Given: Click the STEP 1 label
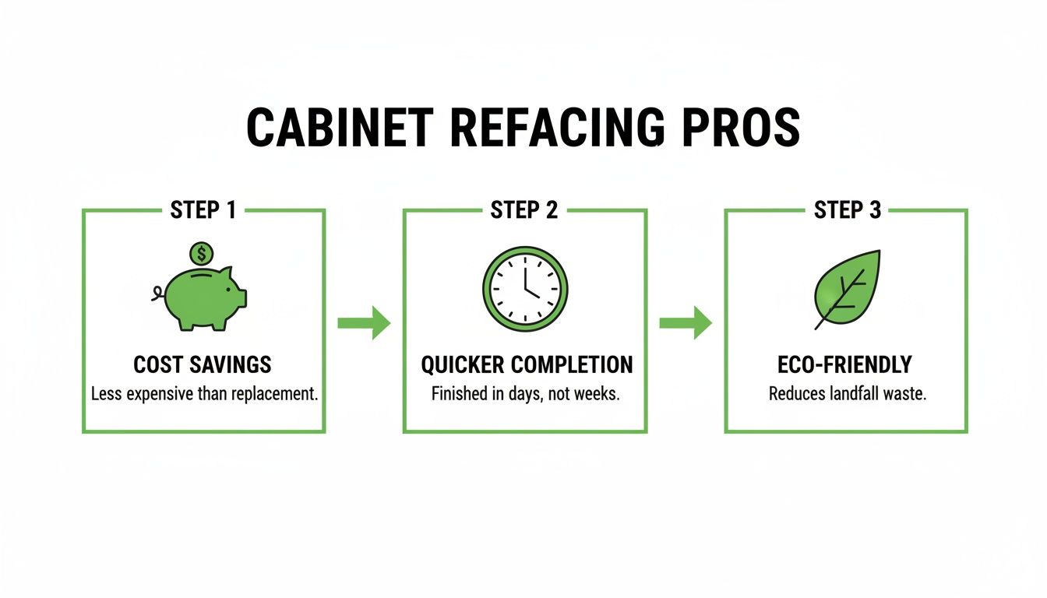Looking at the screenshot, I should point(203,210).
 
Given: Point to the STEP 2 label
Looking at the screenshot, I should point(524,210).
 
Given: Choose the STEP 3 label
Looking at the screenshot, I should point(847,210).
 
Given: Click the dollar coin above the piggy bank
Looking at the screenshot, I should point(202,253).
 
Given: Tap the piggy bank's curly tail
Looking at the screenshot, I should point(157,294).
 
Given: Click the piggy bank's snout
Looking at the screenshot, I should point(240,297).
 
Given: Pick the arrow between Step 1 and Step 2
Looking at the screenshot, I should point(364,322).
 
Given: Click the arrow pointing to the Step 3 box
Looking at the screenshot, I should point(686,322).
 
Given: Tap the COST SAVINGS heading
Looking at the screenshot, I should point(203,365).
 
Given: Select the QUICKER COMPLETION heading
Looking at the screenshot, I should point(527,365).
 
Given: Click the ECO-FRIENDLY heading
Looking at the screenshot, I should point(847,365).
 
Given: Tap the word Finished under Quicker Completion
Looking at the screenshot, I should point(459,394).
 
